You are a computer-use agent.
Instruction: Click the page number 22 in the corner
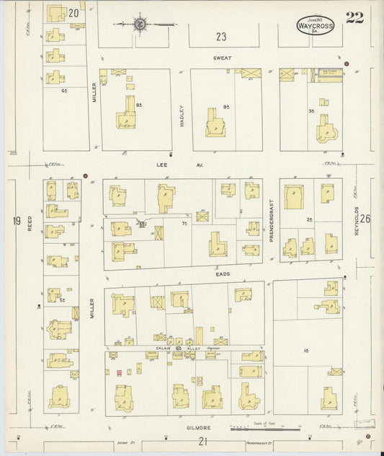pos(354,18)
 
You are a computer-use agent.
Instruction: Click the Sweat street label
pos(220,57)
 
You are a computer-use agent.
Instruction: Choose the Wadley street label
pos(182,115)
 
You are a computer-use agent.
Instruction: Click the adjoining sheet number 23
pos(220,36)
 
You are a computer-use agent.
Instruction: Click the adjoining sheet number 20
pos(73,12)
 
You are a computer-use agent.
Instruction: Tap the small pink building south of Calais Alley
pos(118,373)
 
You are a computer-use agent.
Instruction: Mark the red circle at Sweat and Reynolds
pos(347,64)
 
